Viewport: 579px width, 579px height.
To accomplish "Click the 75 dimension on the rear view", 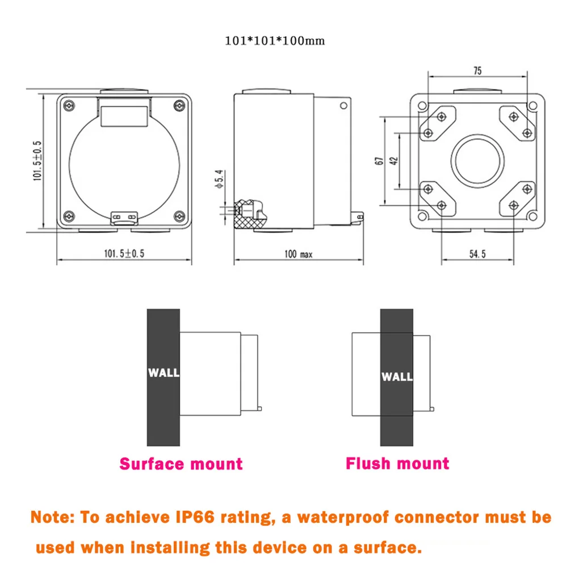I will pyautogui.click(x=477, y=71).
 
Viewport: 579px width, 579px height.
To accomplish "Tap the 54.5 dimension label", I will pyautogui.click(x=477, y=254).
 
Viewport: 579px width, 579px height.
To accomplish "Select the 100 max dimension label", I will pyautogui.click(x=299, y=254).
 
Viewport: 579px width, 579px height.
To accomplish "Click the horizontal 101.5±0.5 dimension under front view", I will pyautogui.click(x=124, y=254).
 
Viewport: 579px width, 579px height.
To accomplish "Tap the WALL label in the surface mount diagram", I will pyautogui.click(x=163, y=373).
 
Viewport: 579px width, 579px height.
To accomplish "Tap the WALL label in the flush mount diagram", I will pyautogui.click(x=397, y=376).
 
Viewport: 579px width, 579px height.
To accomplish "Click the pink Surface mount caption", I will pyautogui.click(x=181, y=464).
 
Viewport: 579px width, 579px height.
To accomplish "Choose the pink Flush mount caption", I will pyautogui.click(x=397, y=463).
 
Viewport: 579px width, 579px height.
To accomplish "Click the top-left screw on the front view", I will pyautogui.click(x=69, y=105).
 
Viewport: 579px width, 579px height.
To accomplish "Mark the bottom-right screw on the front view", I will pyautogui.click(x=179, y=216).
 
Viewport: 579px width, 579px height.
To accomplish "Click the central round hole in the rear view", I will pyautogui.click(x=478, y=161).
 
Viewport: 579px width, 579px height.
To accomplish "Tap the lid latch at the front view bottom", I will pyautogui.click(x=124, y=216).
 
